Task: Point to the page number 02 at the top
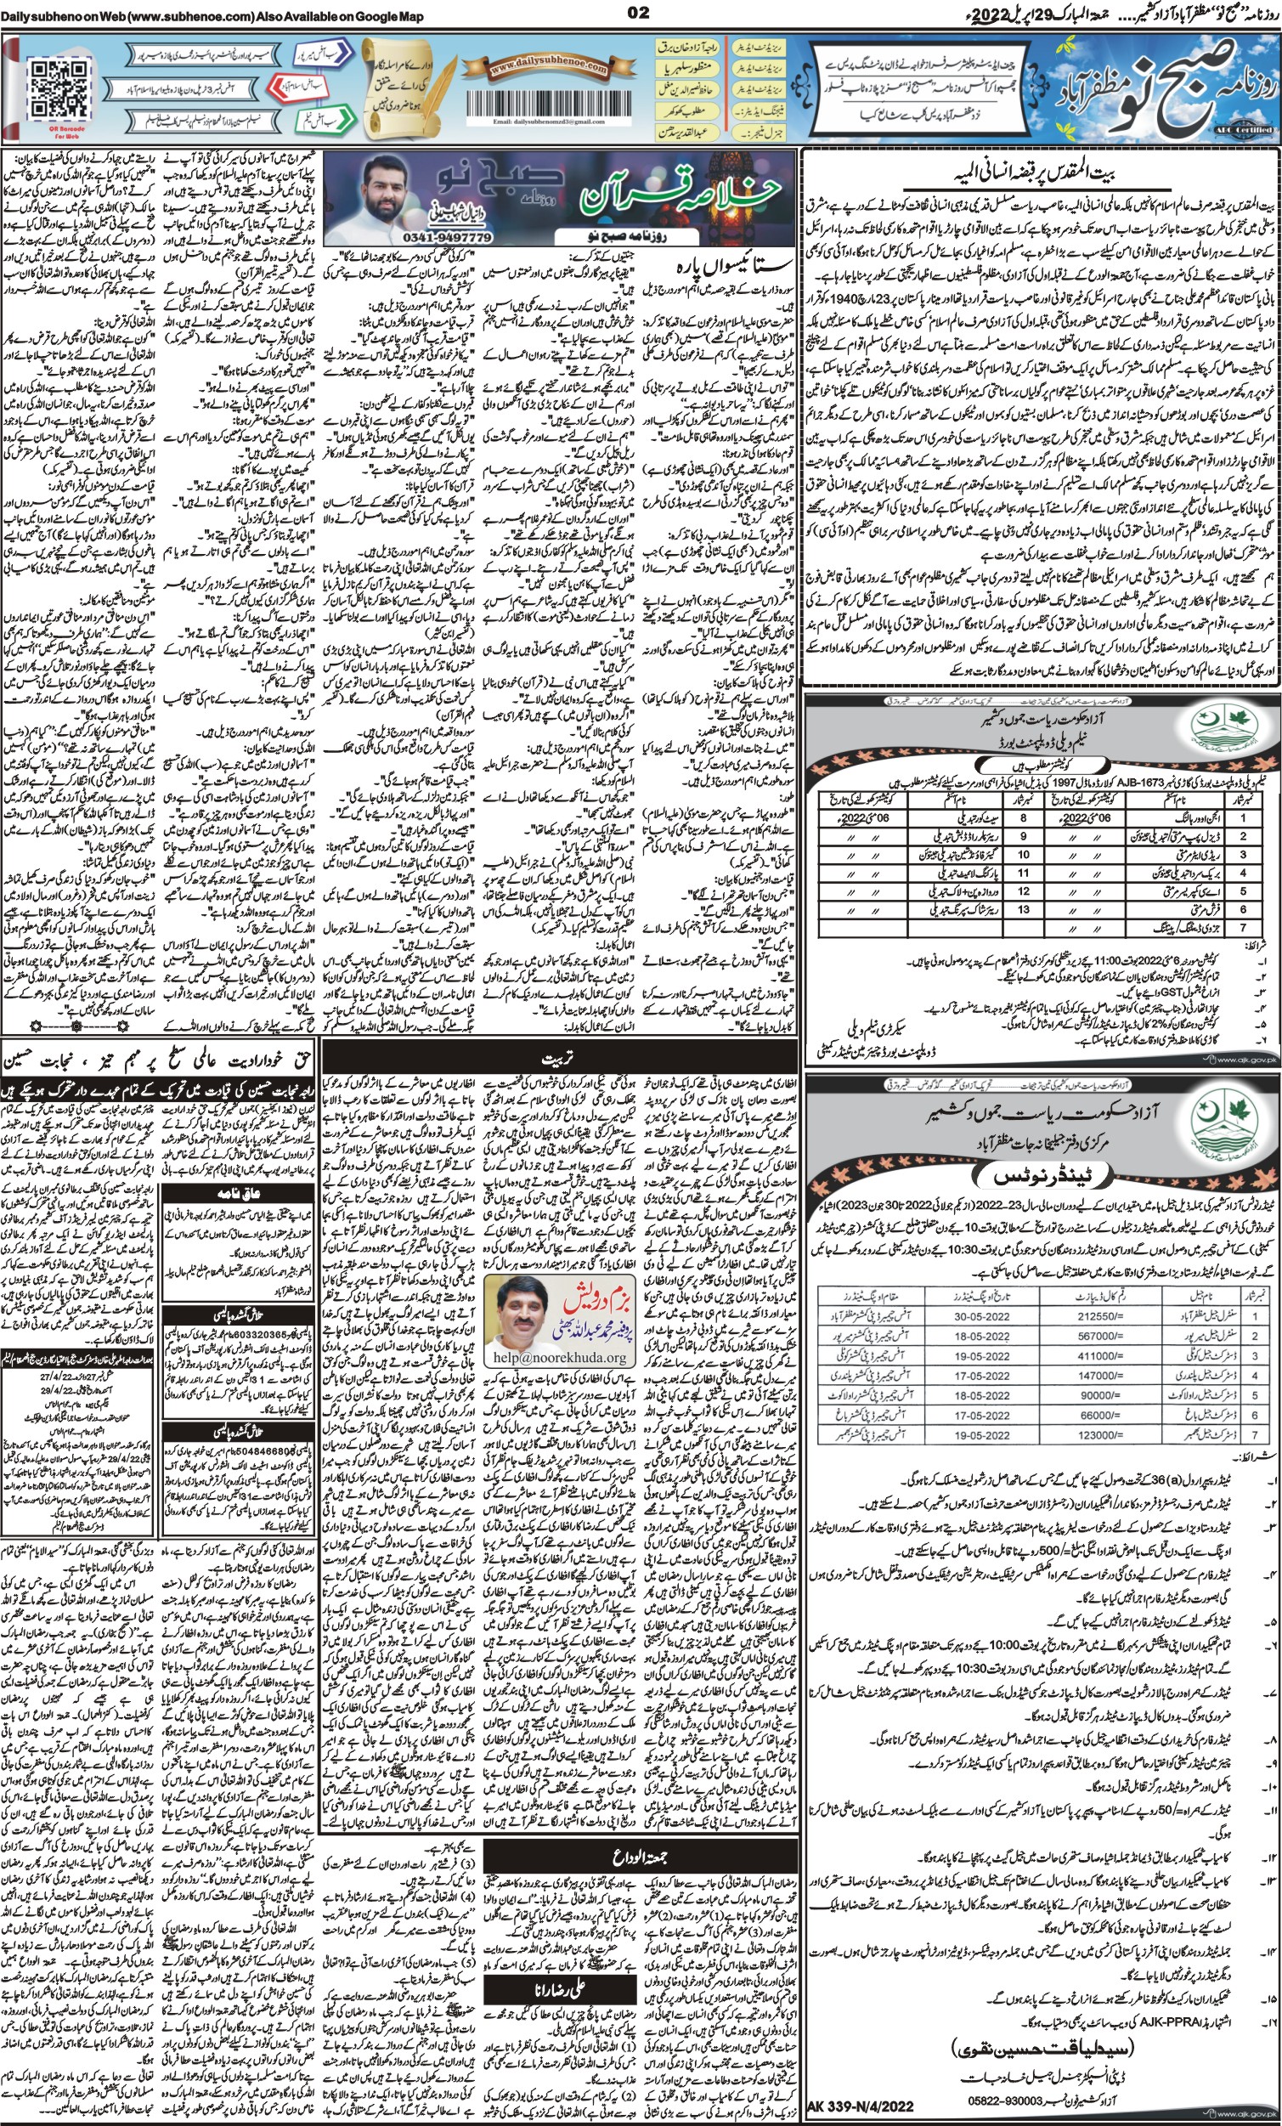tap(639, 11)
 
